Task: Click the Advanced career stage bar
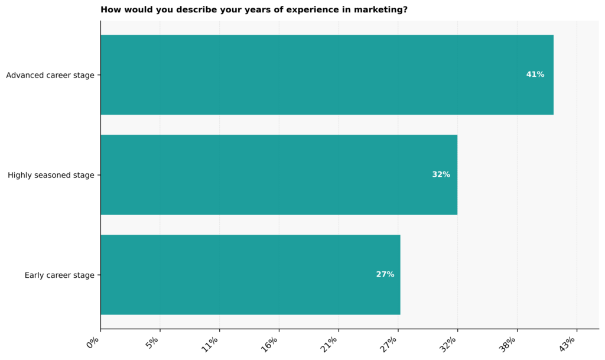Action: [327, 74]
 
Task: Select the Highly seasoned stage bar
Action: [279, 174]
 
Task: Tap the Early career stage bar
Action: [250, 274]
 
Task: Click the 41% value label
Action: [535, 74]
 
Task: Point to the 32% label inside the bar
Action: [441, 174]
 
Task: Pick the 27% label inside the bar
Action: [385, 274]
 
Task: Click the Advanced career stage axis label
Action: [50, 75]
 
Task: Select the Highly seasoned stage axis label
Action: [51, 175]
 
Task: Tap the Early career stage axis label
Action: [59, 275]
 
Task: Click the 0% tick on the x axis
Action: [94, 342]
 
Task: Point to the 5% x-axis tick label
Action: [154, 342]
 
